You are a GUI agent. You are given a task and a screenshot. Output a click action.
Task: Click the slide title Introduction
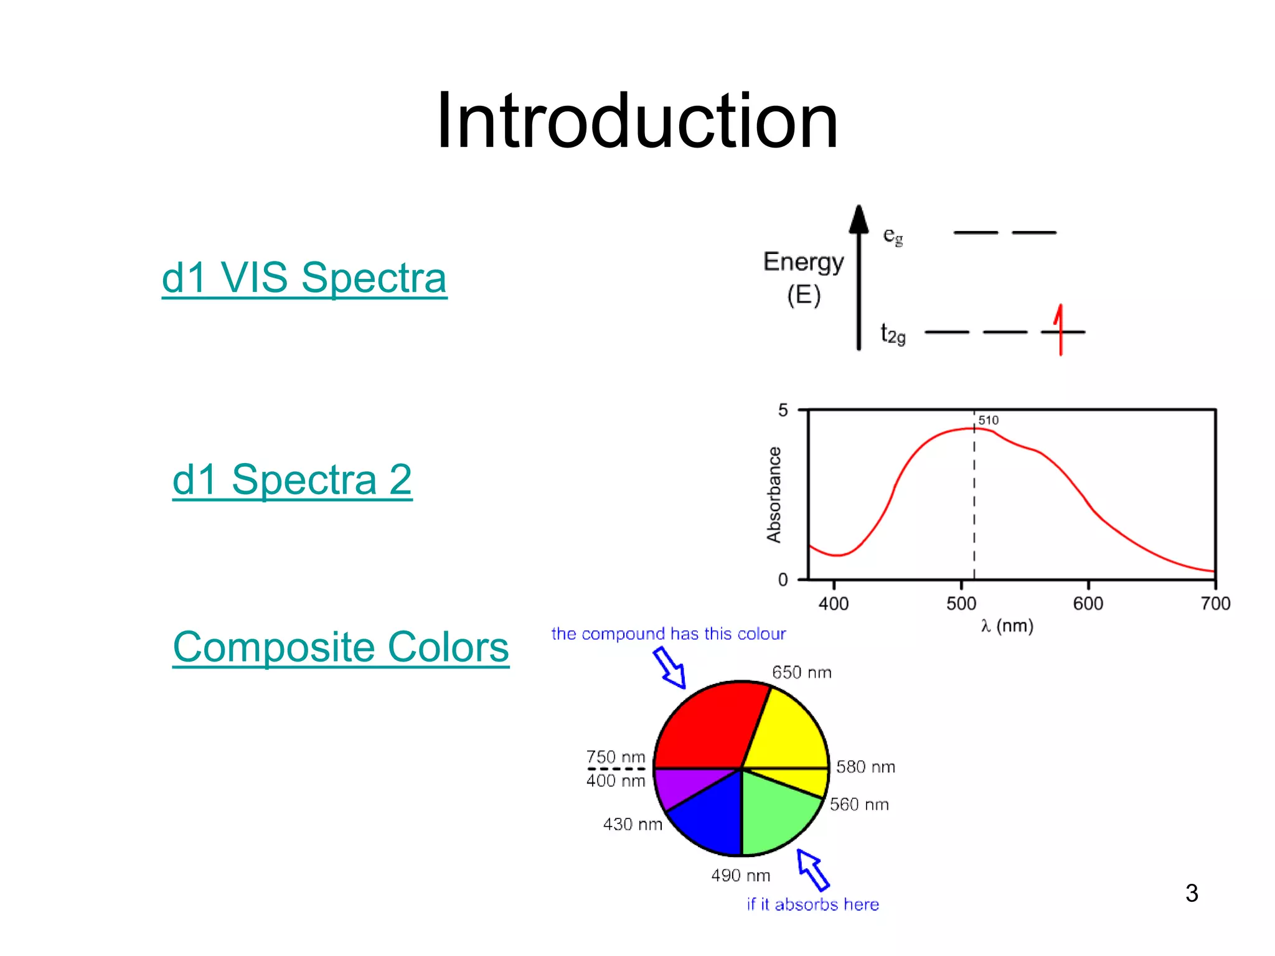pyautogui.click(x=637, y=121)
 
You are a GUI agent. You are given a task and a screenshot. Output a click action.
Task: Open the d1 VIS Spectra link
pyautogui.click(x=304, y=278)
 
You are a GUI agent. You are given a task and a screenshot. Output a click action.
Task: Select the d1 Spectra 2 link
pyautogui.click(x=292, y=480)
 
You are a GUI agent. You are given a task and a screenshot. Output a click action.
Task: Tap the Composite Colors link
pyautogui.click(x=341, y=647)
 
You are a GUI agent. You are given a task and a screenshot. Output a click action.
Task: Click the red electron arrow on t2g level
pyautogui.click(x=1060, y=330)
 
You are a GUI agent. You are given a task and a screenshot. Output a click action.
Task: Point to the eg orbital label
pyautogui.click(x=893, y=236)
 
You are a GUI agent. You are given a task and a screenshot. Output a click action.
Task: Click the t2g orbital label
pyautogui.click(x=893, y=334)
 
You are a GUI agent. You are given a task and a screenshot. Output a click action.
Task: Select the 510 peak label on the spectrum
pyautogui.click(x=988, y=421)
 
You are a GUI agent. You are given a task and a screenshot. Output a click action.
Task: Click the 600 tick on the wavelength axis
pyautogui.click(x=1088, y=603)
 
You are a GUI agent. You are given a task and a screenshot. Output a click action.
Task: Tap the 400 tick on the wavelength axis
pyautogui.click(x=834, y=603)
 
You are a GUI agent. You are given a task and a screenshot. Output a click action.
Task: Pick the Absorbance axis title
pyautogui.click(x=774, y=495)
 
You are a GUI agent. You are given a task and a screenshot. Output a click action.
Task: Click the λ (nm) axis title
pyautogui.click(x=1007, y=626)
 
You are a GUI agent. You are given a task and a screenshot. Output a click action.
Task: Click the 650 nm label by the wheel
pyautogui.click(x=801, y=673)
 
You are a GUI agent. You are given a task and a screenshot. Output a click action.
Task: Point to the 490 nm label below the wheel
pyautogui.click(x=740, y=876)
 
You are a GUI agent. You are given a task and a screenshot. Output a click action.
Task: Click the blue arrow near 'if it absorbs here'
pyautogui.click(x=813, y=869)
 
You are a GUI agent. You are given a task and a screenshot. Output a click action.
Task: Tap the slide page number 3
pyautogui.click(x=1192, y=893)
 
